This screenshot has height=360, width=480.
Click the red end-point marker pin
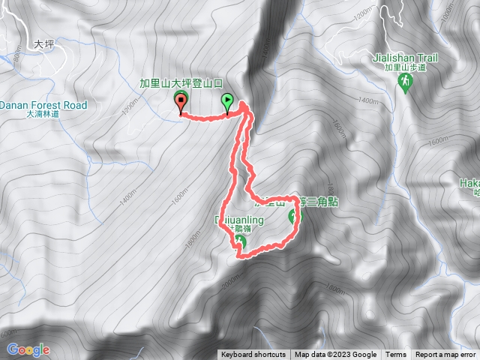point(181,102)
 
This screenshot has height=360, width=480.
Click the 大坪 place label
point(45,45)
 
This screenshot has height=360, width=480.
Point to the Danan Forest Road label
point(43,105)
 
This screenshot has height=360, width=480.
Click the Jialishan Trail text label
point(406,56)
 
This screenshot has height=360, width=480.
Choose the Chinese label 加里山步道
point(406,66)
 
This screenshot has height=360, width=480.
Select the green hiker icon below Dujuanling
point(239,241)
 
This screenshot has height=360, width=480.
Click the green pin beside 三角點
point(293,217)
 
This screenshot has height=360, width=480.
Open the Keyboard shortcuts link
point(253,355)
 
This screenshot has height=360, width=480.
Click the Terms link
point(396,355)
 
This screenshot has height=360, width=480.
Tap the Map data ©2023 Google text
point(335,355)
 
